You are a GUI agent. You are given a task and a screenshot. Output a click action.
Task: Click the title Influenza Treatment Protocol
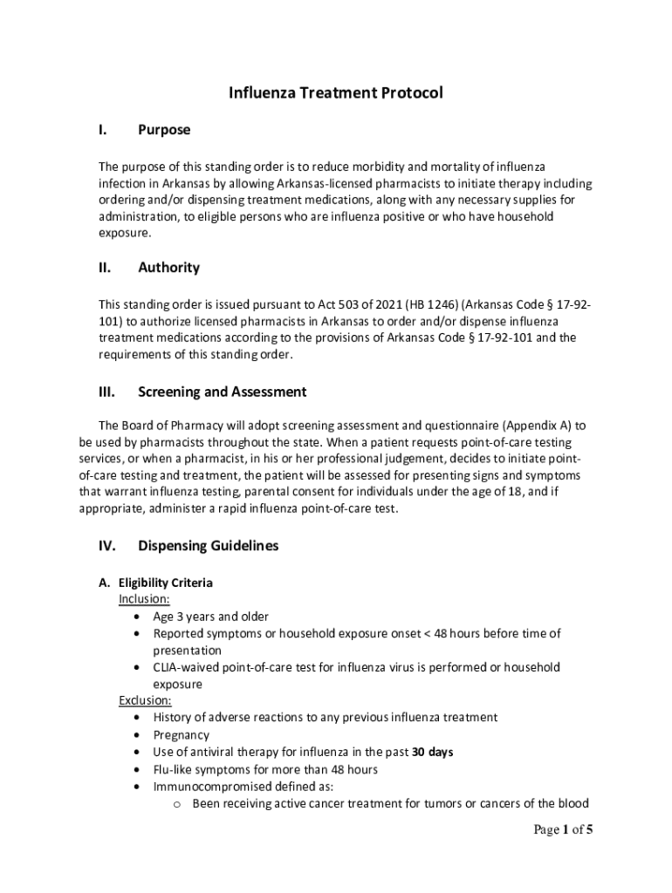coord(336,92)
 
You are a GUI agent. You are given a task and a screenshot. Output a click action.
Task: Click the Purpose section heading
coord(164,130)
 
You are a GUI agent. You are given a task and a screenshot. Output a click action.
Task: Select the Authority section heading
coord(168,268)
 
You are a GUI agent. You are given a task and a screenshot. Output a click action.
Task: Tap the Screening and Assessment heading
coord(222,392)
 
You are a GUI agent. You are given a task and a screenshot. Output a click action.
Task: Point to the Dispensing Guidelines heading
coord(208,546)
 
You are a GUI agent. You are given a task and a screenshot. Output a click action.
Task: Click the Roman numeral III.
coord(106,392)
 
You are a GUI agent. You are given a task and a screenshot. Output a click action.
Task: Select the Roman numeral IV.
coord(106,546)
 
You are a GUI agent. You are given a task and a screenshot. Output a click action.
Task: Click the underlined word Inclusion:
coord(144,599)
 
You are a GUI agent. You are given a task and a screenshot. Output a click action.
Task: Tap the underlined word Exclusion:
coord(145,700)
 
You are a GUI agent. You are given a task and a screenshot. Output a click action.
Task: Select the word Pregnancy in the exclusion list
coord(182,734)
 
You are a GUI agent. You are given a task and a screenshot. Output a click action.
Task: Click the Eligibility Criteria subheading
coord(166,583)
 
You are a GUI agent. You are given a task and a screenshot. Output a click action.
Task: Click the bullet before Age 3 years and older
coord(139,617)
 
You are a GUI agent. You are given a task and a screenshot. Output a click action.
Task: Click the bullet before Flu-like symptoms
coord(139,769)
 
